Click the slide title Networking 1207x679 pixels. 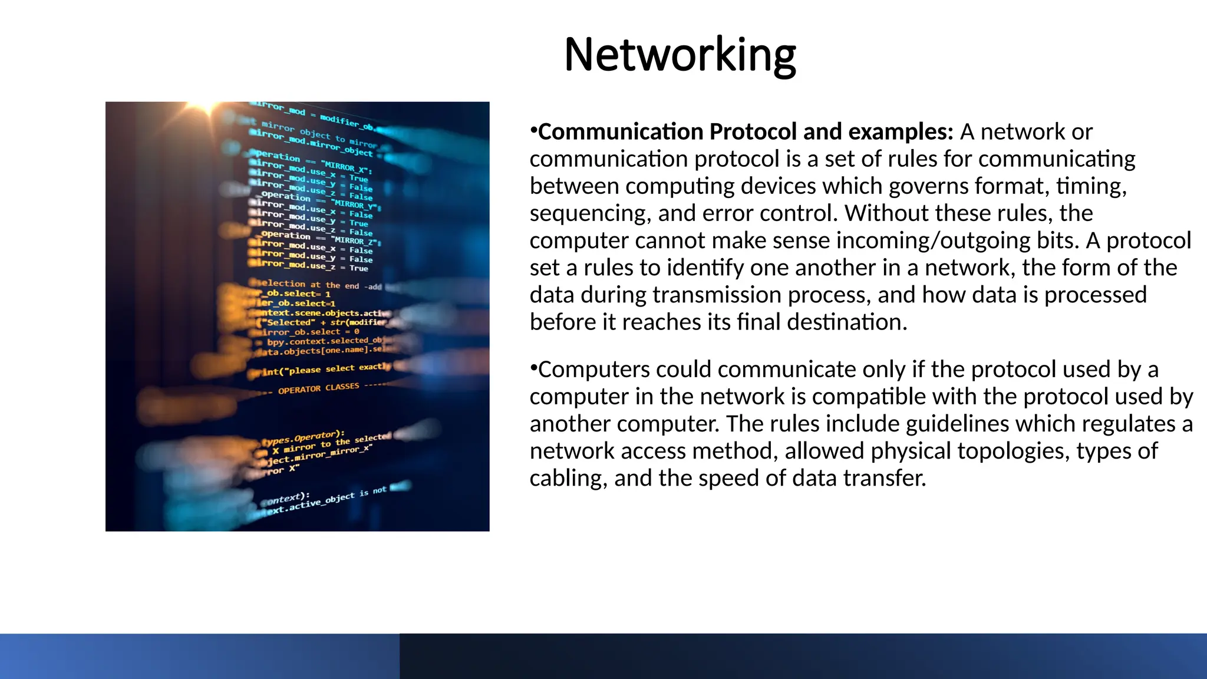coord(680,55)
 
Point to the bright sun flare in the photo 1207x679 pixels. coord(206,107)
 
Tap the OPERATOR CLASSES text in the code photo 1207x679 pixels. coord(318,388)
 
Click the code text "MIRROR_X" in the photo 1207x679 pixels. coord(345,164)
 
